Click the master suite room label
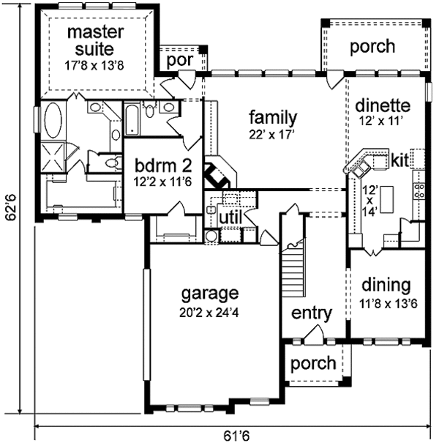click(x=95, y=40)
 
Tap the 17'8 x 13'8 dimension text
click(x=94, y=66)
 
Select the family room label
click(x=273, y=118)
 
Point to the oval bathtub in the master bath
click(x=53, y=120)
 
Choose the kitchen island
click(x=387, y=199)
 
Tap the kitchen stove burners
click(x=419, y=190)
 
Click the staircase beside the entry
click(x=293, y=269)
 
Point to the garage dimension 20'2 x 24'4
click(x=209, y=313)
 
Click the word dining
click(x=386, y=286)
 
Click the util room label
click(x=230, y=217)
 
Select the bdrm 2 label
click(x=163, y=165)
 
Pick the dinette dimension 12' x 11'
click(x=380, y=121)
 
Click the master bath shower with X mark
click(x=53, y=157)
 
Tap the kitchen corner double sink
click(x=361, y=169)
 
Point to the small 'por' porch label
click(x=180, y=61)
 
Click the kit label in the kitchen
click(x=399, y=161)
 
